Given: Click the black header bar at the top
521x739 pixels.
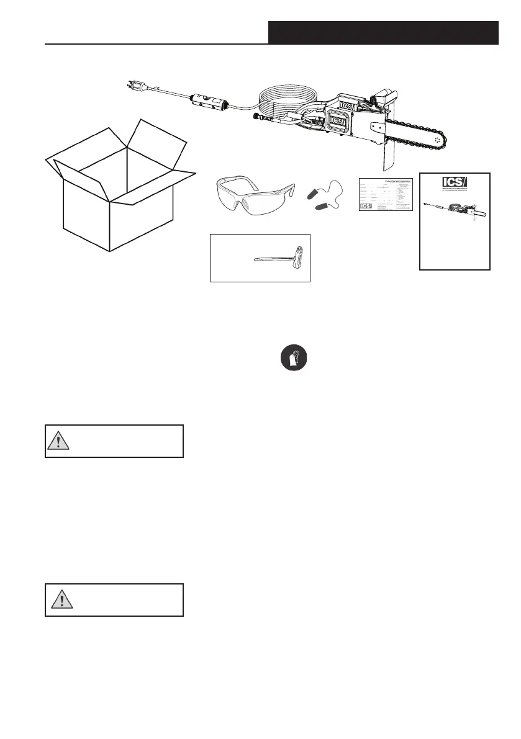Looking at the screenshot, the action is pyautogui.click(x=383, y=32).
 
